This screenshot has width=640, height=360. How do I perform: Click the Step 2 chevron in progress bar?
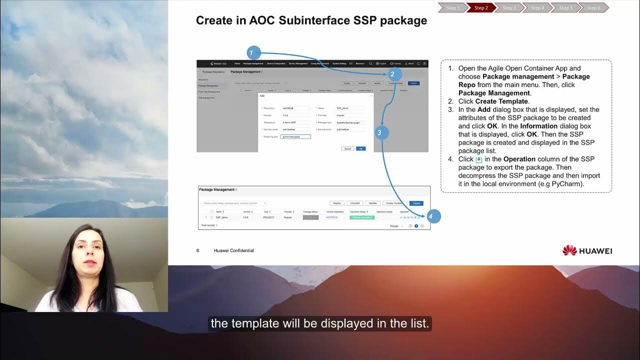481,7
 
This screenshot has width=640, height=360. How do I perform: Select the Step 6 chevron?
593,7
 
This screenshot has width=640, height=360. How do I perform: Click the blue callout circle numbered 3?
379,132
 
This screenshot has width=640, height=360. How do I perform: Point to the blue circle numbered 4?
433,216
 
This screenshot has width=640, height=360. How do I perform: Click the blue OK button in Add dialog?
360,148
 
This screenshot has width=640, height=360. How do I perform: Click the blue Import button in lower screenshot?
416,203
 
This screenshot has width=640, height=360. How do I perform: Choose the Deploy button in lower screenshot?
337,203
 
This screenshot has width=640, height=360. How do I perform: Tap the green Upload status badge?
361,217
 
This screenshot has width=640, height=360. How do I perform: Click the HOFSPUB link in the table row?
332,217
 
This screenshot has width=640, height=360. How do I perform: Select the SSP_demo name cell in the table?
221,217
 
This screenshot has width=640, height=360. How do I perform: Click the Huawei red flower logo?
569,250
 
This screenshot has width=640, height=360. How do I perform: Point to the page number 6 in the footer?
197,250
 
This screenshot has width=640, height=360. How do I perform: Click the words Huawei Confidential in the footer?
233,250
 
